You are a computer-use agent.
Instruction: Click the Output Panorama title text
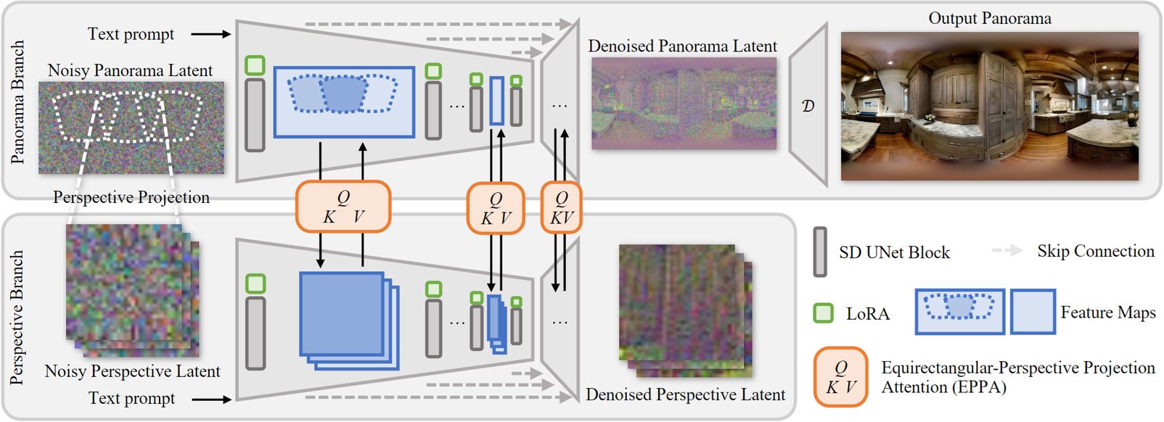tap(989, 19)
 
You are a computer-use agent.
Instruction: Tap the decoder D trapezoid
tap(808, 106)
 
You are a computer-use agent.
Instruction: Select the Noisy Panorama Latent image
tap(131, 127)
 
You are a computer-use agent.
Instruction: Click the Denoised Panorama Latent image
tap(684, 104)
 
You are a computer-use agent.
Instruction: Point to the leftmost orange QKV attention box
tap(343, 207)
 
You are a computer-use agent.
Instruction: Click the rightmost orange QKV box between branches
tap(561, 207)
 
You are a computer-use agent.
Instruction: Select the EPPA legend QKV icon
tap(840, 377)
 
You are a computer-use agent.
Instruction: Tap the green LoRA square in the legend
tap(823, 313)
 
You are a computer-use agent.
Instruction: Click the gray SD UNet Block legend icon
tap(820, 252)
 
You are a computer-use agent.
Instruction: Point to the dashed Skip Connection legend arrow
tap(1007, 251)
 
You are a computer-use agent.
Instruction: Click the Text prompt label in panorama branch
tap(131, 34)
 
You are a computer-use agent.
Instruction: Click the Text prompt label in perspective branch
tap(131, 398)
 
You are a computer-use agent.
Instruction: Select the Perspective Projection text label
tap(131, 197)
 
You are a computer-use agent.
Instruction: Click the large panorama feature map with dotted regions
tap(344, 102)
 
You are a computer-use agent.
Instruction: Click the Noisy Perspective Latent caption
tap(132, 371)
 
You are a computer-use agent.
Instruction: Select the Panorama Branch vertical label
tap(17, 102)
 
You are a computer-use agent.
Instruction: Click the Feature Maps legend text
tap(1107, 313)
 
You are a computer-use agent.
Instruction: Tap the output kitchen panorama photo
tap(989, 106)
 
